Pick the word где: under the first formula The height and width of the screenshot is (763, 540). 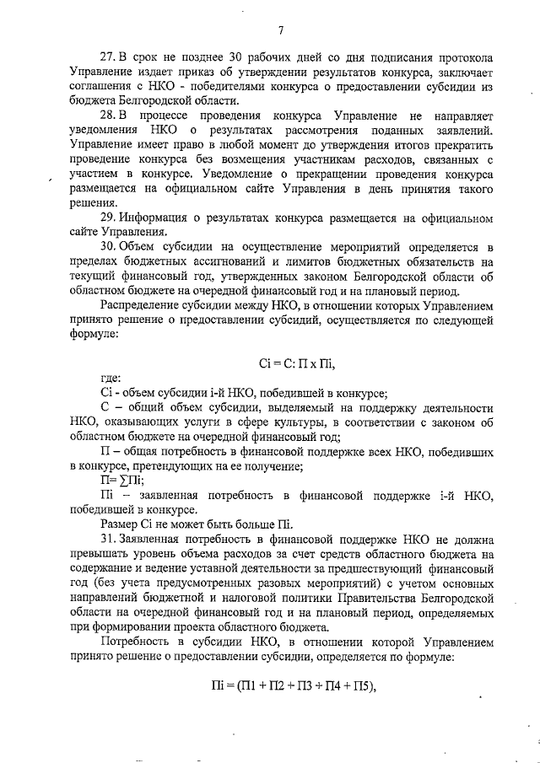point(111,379)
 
